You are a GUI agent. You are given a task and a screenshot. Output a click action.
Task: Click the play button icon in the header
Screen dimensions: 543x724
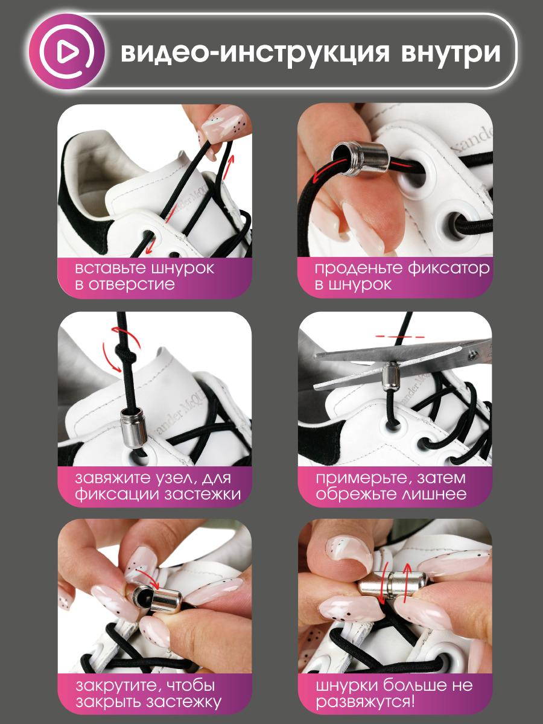[x=66, y=52]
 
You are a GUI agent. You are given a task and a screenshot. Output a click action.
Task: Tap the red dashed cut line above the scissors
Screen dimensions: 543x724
[x=400, y=337]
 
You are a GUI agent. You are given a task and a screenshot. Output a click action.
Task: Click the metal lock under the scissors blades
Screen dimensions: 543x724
[x=391, y=375]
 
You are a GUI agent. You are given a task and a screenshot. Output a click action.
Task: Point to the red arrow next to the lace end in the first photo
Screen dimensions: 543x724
[x=229, y=168]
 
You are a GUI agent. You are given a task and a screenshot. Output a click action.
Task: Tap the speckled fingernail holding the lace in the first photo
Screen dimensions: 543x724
[x=221, y=127]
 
